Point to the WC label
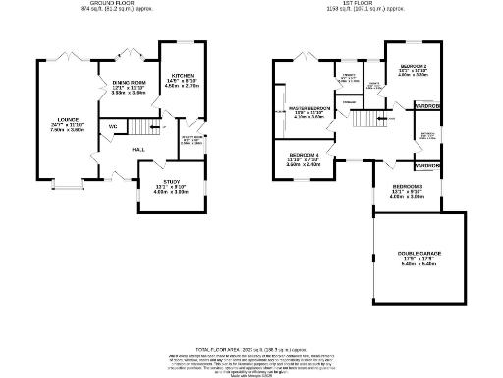coord(113,127)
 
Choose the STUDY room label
coord(171,181)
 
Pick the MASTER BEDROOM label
coord(308,108)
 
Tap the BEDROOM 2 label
coord(413,66)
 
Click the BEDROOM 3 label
coord(407,186)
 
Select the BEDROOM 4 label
coord(305,154)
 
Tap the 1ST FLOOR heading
coord(365,3)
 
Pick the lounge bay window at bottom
coord(66,185)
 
